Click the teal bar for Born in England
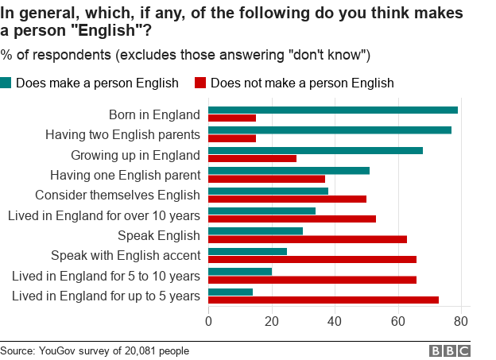point(332,110)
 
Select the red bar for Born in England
point(232,118)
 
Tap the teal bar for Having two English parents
point(329,130)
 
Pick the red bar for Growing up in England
point(252,158)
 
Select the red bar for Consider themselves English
point(287,199)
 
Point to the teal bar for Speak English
point(255,231)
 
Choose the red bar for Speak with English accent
point(312,259)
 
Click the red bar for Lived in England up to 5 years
point(323,300)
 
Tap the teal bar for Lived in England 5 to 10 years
point(239,272)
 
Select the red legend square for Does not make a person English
point(200,83)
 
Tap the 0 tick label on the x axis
point(208,321)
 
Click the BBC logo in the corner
point(450,350)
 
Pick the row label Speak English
point(158,235)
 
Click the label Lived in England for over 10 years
point(103,215)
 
